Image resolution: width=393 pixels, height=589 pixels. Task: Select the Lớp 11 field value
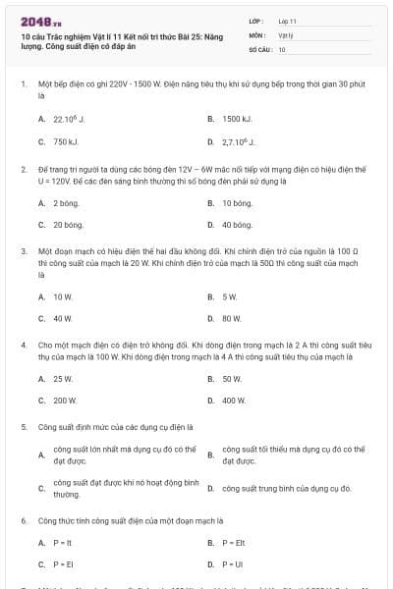(x=288, y=21)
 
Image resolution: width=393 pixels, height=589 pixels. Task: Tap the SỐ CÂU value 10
(x=282, y=48)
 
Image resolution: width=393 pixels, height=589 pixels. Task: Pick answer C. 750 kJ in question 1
(x=64, y=141)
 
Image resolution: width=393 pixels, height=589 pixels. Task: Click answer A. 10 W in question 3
(x=63, y=295)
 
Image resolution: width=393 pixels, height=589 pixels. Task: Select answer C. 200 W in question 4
(x=65, y=400)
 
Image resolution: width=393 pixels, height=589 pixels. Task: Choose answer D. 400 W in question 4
(x=234, y=400)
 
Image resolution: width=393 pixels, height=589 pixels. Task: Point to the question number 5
(x=24, y=427)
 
